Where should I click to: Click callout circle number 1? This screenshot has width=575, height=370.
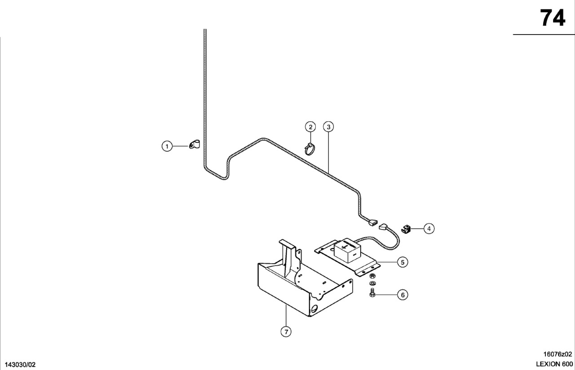[x=167, y=146]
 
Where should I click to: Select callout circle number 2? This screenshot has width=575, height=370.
[x=310, y=127]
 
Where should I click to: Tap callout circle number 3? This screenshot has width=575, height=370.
[x=328, y=127]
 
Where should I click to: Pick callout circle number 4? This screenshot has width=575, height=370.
[x=429, y=229]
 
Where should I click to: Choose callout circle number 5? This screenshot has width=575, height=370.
[x=402, y=262]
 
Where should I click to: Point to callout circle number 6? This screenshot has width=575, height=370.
[x=402, y=295]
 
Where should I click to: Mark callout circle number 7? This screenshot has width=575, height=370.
[x=286, y=332]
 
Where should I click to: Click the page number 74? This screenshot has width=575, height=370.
[x=553, y=18]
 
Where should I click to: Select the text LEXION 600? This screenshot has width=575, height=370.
[x=554, y=364]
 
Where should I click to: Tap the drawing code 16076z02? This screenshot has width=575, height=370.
[x=557, y=354]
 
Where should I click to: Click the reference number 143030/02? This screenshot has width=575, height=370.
[x=20, y=365]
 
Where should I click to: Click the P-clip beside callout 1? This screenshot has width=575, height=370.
[x=195, y=145]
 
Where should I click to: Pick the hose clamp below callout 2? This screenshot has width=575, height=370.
[x=310, y=149]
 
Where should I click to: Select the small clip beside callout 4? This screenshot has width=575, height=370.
[x=406, y=229]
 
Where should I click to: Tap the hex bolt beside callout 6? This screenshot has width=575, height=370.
[x=372, y=293]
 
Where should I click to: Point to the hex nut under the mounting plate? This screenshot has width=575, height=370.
[x=372, y=276]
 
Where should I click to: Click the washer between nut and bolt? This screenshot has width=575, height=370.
[x=372, y=283]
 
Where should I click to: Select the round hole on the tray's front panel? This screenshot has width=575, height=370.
[x=314, y=308]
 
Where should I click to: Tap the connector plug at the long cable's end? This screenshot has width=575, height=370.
[x=372, y=222]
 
